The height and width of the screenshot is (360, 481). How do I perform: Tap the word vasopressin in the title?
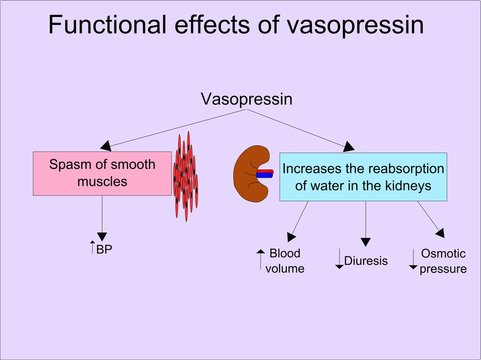click(x=355, y=24)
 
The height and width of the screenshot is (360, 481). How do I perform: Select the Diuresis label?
click(x=366, y=262)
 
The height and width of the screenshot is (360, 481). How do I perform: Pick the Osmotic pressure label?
click(x=443, y=261)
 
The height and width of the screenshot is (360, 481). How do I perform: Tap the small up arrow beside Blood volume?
click(x=260, y=255)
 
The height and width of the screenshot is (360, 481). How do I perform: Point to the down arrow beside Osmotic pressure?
click(x=413, y=262)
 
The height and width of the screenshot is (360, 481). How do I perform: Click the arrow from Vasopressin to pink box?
click(x=156, y=128)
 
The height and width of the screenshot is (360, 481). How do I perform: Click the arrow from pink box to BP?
click(x=101, y=214)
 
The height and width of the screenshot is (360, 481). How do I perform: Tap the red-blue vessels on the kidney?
click(x=265, y=174)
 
